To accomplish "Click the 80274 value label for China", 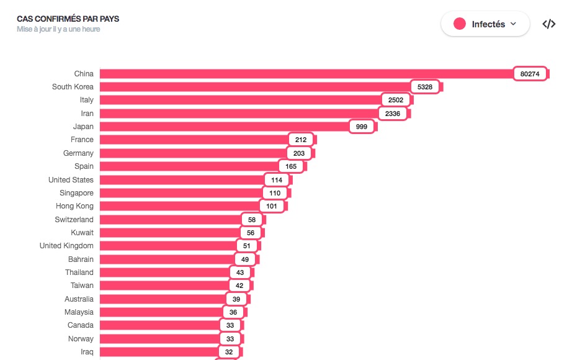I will tap(530, 74).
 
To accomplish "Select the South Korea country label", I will tap(73, 87).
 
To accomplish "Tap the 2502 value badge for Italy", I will tap(396, 100).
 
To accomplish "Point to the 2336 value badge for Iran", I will tap(393, 114).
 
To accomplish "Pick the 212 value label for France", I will tap(301, 140).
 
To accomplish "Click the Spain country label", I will tap(84, 166).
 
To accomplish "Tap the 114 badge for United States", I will tap(277, 180).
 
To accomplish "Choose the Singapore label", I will tap(76, 193).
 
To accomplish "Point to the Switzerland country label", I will tap(74, 220).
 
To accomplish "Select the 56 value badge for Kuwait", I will tap(251, 233).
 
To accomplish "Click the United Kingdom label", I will tap(66, 246).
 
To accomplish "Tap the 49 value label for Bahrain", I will tap(245, 259).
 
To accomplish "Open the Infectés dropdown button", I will tap(485, 24).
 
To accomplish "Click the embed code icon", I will tap(548, 24).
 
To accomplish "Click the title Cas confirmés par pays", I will tap(68, 19).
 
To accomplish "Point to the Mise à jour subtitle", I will tap(58, 29).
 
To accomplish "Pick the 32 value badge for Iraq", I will tap(228, 352).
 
